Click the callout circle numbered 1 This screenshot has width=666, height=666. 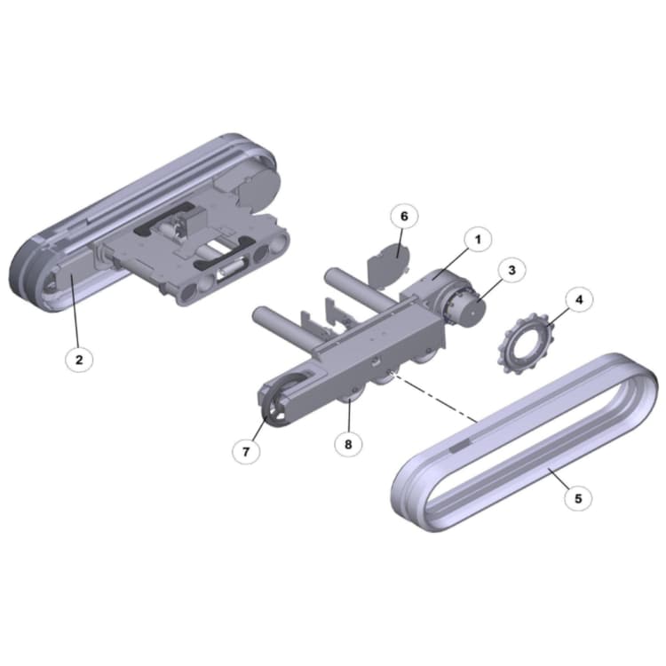(477, 239)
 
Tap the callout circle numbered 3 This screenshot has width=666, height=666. (511, 270)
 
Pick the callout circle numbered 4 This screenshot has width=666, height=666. (579, 300)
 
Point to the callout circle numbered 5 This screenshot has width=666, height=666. (578, 498)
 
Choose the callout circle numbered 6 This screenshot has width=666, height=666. (403, 217)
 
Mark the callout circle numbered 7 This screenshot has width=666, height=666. (247, 451)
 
